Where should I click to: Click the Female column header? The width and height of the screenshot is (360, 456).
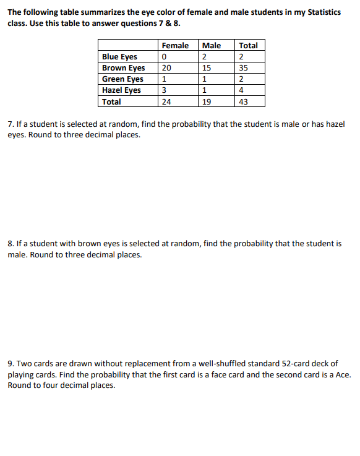[x=174, y=45]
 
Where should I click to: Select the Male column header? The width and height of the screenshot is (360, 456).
[x=212, y=45]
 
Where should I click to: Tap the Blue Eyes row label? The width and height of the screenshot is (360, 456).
[x=119, y=57]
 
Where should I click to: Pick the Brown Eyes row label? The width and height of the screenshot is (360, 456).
[x=123, y=68]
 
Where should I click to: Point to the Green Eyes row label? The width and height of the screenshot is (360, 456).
[x=122, y=79]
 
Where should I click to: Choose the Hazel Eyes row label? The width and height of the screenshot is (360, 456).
[x=121, y=90]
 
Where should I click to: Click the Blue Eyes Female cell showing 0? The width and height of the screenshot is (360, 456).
[x=163, y=57]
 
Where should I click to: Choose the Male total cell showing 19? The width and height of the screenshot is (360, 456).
[x=207, y=101]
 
